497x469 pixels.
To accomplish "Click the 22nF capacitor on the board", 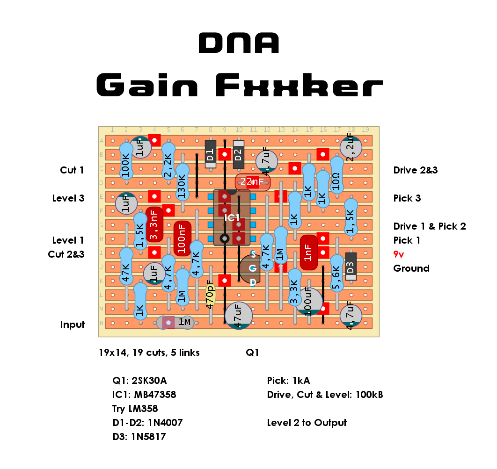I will click(x=253, y=182).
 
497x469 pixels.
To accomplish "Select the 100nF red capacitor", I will click(x=183, y=238).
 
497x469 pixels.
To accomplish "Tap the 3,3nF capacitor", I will click(x=154, y=224).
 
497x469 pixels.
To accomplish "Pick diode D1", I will click(x=210, y=154).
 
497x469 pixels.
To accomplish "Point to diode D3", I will click(x=351, y=267).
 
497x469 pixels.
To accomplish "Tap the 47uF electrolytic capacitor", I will click(x=239, y=316).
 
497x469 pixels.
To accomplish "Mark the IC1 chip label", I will click(x=232, y=218).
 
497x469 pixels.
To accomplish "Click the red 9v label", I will click(x=399, y=254).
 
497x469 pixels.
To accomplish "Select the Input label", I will click(x=73, y=325).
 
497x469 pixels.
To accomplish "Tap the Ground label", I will click(x=411, y=268).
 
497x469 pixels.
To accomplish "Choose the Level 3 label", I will click(x=68, y=198).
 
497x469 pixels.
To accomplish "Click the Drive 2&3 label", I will click(x=416, y=170).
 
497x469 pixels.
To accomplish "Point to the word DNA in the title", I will click(x=239, y=43).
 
